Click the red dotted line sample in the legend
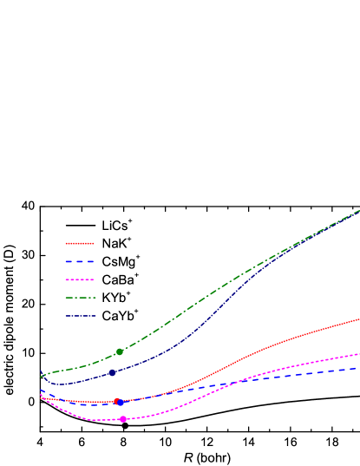click(x=80, y=244)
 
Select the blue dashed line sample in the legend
click(x=80, y=261)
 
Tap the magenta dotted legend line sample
click(x=80, y=279)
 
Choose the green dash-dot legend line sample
click(x=80, y=298)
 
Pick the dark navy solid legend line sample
click(x=80, y=316)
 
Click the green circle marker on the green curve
click(x=120, y=351)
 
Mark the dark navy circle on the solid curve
click(x=112, y=372)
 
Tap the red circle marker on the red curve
click(x=116, y=401)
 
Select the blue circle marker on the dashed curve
click(x=121, y=403)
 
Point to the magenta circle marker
click(x=123, y=419)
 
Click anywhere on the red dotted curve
click(x=260, y=348)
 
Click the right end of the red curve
click(x=358, y=319)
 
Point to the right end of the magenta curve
click(x=358, y=354)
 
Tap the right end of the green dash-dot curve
click(x=358, y=211)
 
